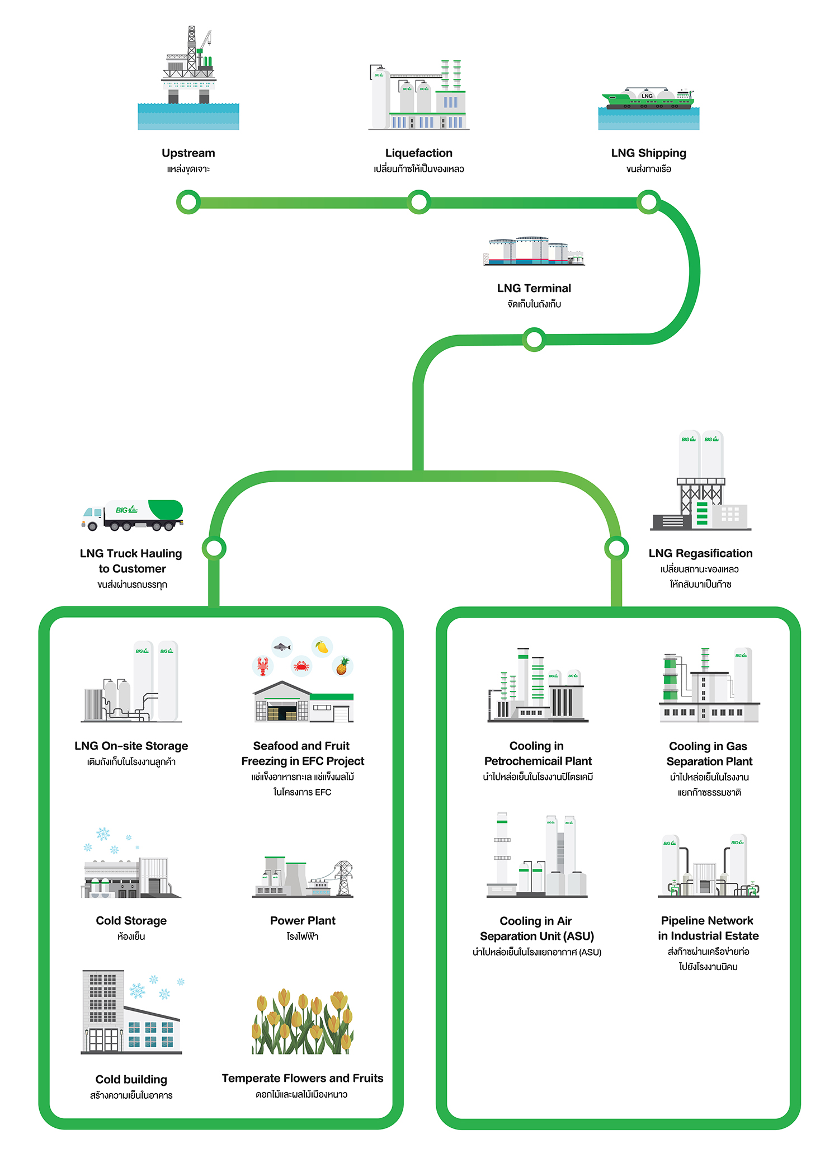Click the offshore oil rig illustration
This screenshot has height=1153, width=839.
(x=188, y=70)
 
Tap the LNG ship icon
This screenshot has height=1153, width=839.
(x=648, y=100)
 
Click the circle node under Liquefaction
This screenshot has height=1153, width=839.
(x=418, y=202)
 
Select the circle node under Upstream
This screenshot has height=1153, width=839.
(x=188, y=202)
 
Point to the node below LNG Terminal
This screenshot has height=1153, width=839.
(x=534, y=339)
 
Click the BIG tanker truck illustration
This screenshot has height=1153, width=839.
(x=133, y=515)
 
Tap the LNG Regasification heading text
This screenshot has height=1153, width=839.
(x=700, y=553)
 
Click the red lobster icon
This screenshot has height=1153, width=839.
(x=262, y=665)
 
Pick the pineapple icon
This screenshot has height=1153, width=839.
(x=342, y=666)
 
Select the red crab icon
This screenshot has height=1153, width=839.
(x=301, y=666)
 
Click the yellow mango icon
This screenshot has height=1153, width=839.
(x=322, y=647)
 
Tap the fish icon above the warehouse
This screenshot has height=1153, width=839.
(x=282, y=647)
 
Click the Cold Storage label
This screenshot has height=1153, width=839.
(x=131, y=920)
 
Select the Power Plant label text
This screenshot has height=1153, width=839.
(x=303, y=920)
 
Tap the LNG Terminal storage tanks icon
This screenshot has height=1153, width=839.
(x=534, y=251)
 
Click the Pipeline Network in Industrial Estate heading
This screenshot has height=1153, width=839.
(x=708, y=928)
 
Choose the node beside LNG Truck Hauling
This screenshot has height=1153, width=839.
(x=214, y=548)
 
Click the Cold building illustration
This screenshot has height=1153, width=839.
(x=131, y=1013)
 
